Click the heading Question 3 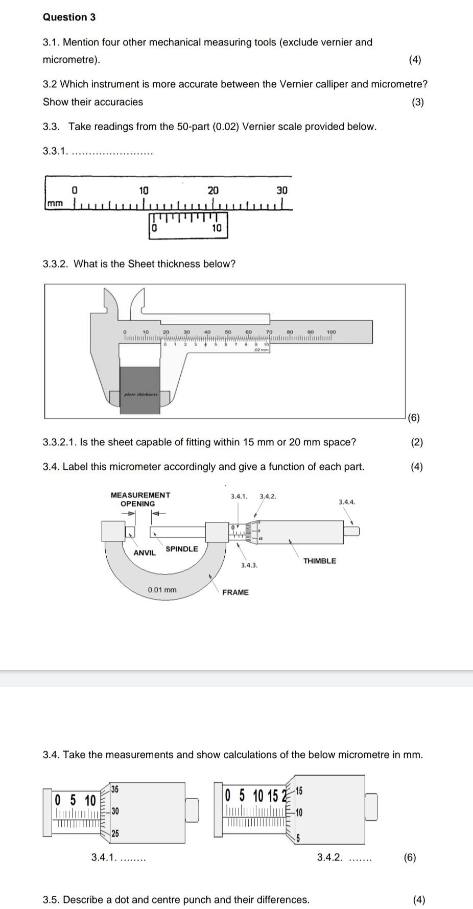69,17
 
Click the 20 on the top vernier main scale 213,190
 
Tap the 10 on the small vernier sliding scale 217,228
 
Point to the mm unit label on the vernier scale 55,204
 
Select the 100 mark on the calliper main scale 331,332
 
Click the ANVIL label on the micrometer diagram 145,553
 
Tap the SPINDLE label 181,549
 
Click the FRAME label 235,592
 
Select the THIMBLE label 319,561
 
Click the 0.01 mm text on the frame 162,590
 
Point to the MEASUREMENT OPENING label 140,499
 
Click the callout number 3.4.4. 347,502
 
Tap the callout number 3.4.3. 249,565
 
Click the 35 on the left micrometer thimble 115,789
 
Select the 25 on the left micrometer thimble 115,833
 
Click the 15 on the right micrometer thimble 299,791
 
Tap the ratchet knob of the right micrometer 371,807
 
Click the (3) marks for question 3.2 417,102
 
